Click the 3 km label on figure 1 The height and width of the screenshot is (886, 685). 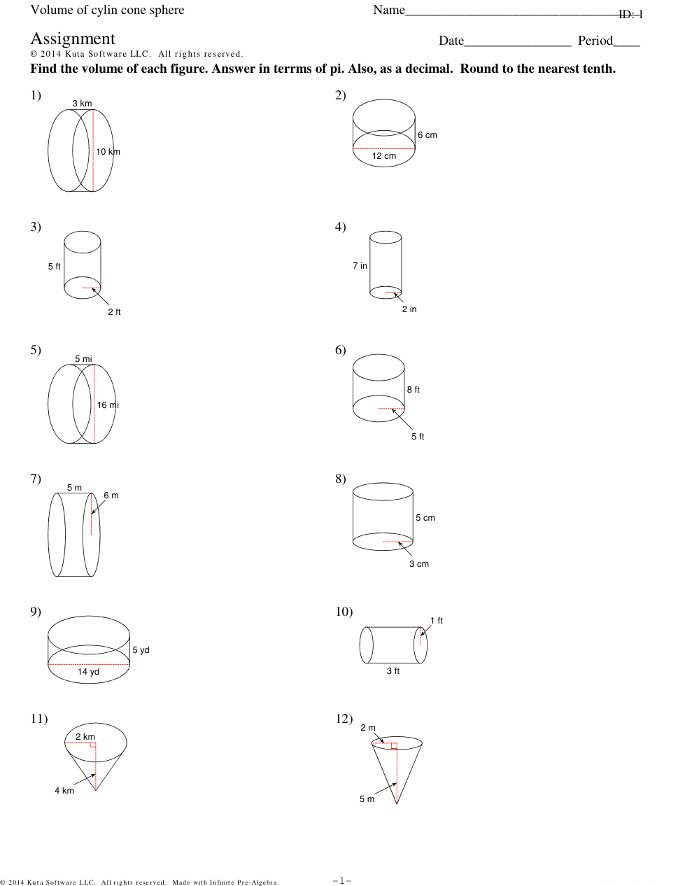pyautogui.click(x=82, y=104)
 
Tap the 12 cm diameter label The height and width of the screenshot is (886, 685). pyautogui.click(x=383, y=156)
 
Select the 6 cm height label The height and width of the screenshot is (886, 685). pyautogui.click(x=427, y=135)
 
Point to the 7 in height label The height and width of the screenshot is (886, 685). pyautogui.click(x=360, y=266)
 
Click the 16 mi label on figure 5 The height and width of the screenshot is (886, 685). pyautogui.click(x=108, y=405)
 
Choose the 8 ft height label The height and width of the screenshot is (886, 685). pyautogui.click(x=413, y=390)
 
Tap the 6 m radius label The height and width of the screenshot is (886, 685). pyautogui.click(x=111, y=495)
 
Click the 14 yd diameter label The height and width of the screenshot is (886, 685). pyautogui.click(x=88, y=672)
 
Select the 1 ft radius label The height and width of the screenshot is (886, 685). pyautogui.click(x=436, y=621)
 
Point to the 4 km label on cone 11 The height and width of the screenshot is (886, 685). pyautogui.click(x=64, y=791)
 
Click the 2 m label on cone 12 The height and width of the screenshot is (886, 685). pyautogui.click(x=367, y=727)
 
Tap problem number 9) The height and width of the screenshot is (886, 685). pyautogui.click(x=36, y=612)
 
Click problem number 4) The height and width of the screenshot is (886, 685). pyautogui.click(x=340, y=227)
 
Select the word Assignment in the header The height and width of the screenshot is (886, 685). pyautogui.click(x=73, y=38)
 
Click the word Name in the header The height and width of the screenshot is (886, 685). pyautogui.click(x=389, y=10)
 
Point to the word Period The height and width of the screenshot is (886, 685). pyautogui.click(x=595, y=41)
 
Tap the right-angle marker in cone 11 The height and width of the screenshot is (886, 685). pyautogui.click(x=93, y=745)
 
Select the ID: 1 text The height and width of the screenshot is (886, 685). pyautogui.click(x=630, y=15)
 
